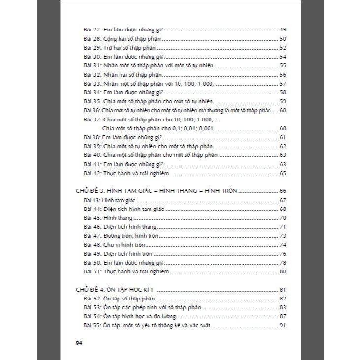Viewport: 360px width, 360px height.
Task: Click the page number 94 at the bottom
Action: [x=78, y=343]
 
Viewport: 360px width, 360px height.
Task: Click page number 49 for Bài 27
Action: [x=282, y=30]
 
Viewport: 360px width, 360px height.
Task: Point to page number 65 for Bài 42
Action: [x=282, y=173]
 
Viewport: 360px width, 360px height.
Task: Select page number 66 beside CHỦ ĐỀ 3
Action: [x=282, y=191]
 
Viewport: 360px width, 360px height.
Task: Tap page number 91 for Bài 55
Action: [x=282, y=326]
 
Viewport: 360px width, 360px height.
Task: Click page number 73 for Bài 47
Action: [x=282, y=236]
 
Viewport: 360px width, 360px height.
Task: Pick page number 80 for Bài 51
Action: [x=282, y=271]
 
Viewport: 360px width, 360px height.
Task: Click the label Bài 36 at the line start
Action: [x=92, y=110]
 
